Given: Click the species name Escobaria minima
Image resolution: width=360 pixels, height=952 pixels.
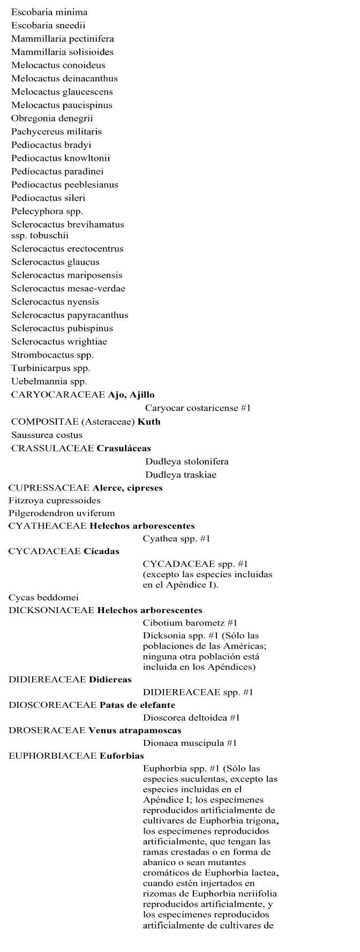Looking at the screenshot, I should coord(49,12).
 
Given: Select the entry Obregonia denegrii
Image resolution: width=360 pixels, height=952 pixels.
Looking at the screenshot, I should coord(52,118).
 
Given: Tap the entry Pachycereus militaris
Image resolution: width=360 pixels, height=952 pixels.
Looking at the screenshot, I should coord(56,132).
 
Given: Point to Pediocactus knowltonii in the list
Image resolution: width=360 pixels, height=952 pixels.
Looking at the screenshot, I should coord(61,158).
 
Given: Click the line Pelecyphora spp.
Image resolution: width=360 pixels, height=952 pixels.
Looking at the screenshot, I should coord(47,211).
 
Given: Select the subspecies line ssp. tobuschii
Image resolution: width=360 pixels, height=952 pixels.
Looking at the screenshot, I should coord(40,235).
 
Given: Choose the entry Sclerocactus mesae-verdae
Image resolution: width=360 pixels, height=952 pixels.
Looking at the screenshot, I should coord(68,289).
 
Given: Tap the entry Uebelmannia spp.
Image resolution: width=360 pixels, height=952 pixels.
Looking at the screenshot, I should coord(49,382).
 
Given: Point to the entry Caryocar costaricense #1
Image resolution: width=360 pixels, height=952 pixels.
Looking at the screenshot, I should coord(198,409).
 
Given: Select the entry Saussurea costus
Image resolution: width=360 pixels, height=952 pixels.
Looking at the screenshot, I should coord(47,435).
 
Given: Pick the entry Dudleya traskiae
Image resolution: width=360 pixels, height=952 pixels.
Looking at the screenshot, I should coord(181,475).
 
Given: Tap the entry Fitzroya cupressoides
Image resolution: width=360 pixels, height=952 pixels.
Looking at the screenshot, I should coord(54,501).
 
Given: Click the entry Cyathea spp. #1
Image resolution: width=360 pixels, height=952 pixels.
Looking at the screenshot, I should coord(176,539).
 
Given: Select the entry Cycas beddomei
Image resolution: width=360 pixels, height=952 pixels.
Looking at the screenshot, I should coord(43,598).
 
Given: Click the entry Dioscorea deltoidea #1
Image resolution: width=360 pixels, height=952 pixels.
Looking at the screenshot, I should coord(191,717).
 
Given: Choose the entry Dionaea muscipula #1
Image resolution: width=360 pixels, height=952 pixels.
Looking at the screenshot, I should coord(190,743).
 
